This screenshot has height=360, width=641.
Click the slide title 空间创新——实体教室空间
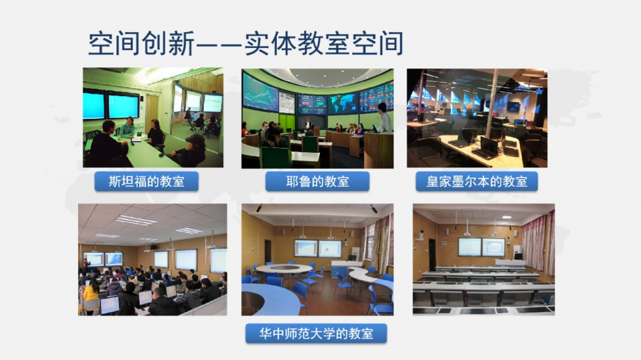[246, 44]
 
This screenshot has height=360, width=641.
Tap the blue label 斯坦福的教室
[146, 181]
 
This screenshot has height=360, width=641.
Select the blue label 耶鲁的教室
[317, 181]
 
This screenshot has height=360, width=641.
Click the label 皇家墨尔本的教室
[477, 181]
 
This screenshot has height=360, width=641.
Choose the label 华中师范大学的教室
[316, 334]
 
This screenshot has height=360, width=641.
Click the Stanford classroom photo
[153, 118]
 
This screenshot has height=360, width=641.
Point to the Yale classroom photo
[317, 119]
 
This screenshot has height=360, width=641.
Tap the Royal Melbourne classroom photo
[477, 118]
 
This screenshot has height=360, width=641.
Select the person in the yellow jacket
[90, 295]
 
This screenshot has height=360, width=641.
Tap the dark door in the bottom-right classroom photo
[431, 254]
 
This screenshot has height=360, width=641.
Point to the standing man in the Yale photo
[384, 118]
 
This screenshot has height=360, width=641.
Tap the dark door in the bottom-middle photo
[268, 251]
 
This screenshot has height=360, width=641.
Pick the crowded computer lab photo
[153, 259]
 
